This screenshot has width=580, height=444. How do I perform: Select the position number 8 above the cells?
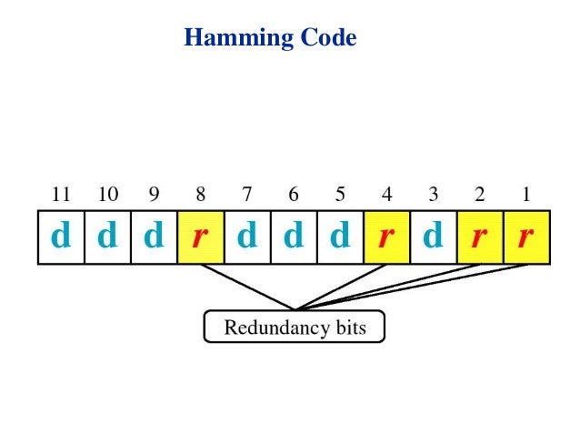point(201,194)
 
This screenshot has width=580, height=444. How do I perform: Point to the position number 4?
point(386,194)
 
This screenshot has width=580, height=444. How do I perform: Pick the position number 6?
point(294,194)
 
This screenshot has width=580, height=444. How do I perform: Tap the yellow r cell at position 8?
point(201,237)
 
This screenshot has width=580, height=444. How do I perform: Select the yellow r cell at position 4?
point(386,237)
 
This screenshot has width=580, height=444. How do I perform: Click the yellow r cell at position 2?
point(480,237)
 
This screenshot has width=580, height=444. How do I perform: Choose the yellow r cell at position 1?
point(526,237)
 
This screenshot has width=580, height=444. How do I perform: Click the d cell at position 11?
point(61,237)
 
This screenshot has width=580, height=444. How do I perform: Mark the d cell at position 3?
point(434,237)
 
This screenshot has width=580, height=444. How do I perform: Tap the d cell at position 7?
point(247,237)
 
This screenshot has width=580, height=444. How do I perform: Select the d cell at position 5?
point(340,237)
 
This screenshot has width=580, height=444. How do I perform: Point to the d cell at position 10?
point(107,237)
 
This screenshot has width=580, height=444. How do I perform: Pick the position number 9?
point(154,194)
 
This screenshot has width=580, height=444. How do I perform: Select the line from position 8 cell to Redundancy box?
point(247,287)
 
